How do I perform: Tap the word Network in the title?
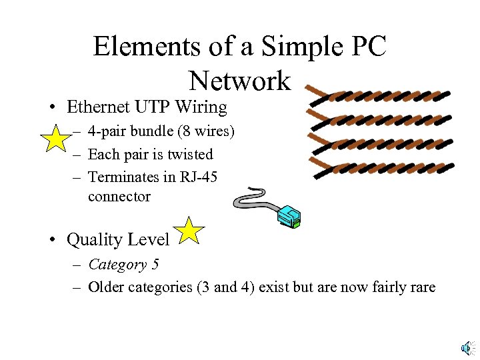240,81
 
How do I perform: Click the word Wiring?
202,107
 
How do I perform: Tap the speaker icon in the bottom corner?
468,347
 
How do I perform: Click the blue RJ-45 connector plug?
289,215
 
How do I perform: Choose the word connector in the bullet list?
119,197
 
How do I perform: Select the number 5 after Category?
155,265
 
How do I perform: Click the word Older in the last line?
105,287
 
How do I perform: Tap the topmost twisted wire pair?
377,98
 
